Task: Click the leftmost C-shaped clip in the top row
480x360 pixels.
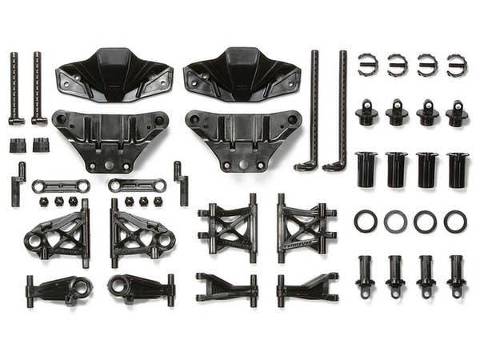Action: (367, 65)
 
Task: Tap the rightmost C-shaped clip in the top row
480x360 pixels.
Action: (457, 65)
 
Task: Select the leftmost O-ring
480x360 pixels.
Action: (366, 222)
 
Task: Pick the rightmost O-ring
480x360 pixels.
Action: (455, 222)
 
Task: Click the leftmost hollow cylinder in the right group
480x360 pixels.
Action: (367, 170)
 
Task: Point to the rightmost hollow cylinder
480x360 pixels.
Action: (458, 170)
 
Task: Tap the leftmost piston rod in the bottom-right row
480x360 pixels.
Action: (366, 275)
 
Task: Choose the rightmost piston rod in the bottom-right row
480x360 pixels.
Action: (456, 275)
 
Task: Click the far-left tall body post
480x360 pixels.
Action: (14, 88)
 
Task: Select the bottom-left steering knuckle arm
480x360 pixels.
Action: (58, 288)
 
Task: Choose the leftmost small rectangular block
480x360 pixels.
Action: (17, 145)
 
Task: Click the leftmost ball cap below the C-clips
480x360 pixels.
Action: (367, 113)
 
